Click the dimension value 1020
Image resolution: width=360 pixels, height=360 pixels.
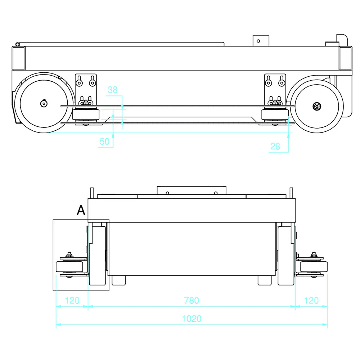192,319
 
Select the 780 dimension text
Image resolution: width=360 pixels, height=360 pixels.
192,300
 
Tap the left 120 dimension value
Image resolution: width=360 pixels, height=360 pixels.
72,300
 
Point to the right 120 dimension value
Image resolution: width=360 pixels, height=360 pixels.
311,300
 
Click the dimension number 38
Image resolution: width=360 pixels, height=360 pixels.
113,90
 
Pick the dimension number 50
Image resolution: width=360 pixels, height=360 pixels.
104,141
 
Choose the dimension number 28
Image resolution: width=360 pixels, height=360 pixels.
275,146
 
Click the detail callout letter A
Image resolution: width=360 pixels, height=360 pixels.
81,211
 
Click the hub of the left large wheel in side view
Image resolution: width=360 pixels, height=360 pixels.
43,104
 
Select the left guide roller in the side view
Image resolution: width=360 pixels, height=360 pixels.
86,115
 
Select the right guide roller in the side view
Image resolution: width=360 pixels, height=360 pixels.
275,115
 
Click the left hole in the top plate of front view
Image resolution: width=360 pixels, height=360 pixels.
167,193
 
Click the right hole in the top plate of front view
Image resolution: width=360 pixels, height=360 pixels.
215,193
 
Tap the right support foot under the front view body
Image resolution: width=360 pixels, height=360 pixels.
265,280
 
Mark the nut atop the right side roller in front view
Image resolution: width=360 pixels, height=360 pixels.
314,254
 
